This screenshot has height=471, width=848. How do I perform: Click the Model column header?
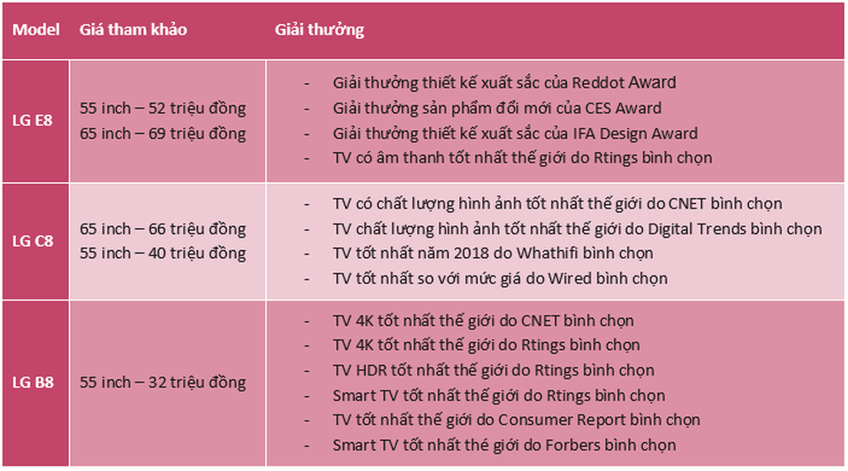(36, 30)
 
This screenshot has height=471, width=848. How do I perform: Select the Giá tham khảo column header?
(133, 30)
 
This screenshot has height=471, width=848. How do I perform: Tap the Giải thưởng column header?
(319, 30)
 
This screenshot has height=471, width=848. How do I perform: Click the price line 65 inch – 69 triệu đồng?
(163, 133)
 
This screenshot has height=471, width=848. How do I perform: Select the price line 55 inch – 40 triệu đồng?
(163, 254)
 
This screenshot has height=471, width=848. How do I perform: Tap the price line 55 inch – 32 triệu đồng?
(163, 383)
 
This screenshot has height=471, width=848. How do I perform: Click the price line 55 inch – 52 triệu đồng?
(163, 108)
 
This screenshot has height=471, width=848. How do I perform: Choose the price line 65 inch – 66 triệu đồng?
(163, 229)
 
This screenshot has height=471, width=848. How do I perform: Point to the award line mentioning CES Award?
(496, 109)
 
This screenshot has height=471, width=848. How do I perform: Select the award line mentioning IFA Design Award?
(515, 133)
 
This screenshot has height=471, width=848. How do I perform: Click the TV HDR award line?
(493, 370)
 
